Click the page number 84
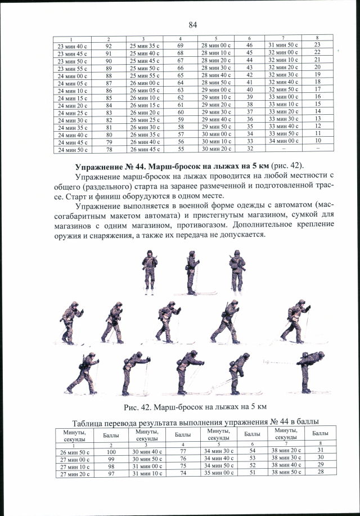coord(193,24)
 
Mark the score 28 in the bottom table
coord(319,472)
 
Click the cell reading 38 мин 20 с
coord(286,451)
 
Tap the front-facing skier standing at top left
coord(149,272)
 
